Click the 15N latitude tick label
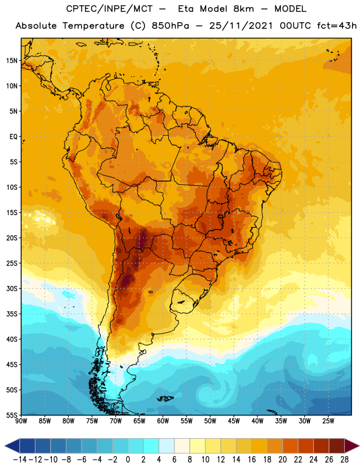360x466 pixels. pos(11,61)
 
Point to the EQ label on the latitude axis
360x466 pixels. pos(13,137)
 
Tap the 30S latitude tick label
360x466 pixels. pos(11,288)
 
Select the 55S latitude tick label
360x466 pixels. pos(11,415)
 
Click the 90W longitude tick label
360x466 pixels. pos(21,421)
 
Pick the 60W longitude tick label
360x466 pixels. pos(163,421)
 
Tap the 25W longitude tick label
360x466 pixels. pos(328,421)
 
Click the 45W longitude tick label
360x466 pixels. pos(234,421)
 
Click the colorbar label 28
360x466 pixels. pos(344,460)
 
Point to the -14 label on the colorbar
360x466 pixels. pos(20,460)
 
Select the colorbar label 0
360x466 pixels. pos(128,460)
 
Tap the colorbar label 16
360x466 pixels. pos(252,460)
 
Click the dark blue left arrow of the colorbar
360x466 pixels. pos(12,446)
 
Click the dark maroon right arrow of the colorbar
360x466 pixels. pos(351,446)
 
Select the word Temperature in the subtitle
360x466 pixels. pos(93,26)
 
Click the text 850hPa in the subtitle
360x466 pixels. pos(170,26)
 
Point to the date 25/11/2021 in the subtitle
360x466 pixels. pos(241,26)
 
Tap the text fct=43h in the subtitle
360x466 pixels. pos(337,26)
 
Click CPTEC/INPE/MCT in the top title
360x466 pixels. pos(110,9)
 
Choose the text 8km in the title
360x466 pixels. pos(243,9)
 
